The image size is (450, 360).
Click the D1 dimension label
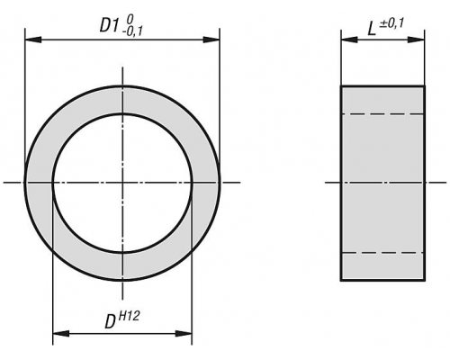pyautogui.click(x=109, y=25)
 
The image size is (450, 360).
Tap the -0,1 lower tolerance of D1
pyautogui.click(x=132, y=31)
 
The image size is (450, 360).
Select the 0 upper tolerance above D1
pyautogui.click(x=130, y=20)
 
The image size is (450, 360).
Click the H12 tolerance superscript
pyautogui.click(x=130, y=316)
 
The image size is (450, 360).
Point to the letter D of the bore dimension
pyautogui.click(x=111, y=321)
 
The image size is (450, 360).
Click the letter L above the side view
pyautogui.click(x=372, y=30)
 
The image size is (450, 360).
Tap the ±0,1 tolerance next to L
pyautogui.click(x=391, y=23)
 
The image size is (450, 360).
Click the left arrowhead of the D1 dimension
pyautogui.click(x=33, y=40)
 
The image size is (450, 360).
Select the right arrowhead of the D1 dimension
pyautogui.click(x=211, y=40)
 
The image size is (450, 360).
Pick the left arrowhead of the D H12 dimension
pyautogui.click(x=61, y=334)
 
